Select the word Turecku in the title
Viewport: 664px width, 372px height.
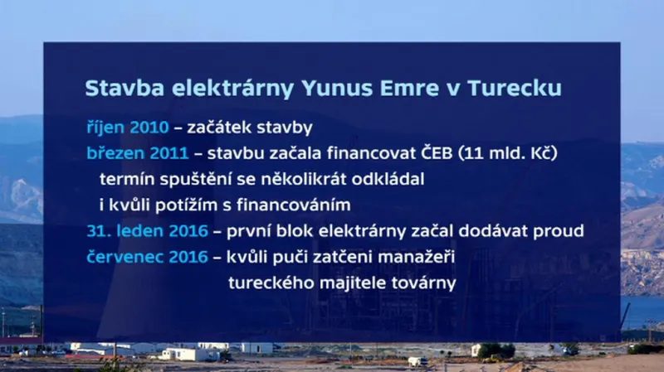coord(515,89)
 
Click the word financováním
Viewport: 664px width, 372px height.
coord(295,205)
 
